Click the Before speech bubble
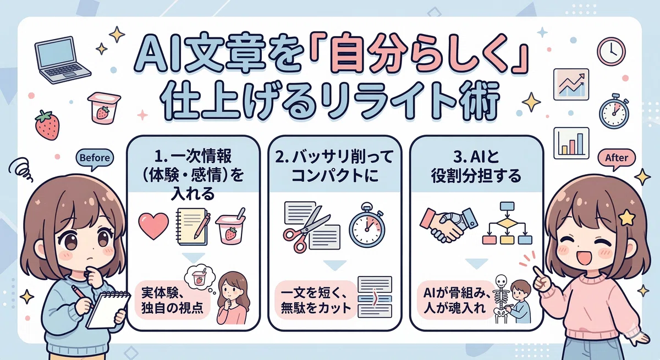coord(95,158)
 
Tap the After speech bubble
coord(617,158)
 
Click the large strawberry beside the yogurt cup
coord(47,125)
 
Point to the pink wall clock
coord(611,51)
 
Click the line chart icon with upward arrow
coord(571,85)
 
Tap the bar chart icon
coord(571,143)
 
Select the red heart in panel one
coord(153,226)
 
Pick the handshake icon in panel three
coord(449,225)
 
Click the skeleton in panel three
coord(501,299)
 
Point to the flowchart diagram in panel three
coord(507,223)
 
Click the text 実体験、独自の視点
coord(172,300)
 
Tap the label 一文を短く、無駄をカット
coord(316,300)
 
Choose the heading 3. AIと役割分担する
coord(476,167)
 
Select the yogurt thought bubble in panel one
coord(200,278)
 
